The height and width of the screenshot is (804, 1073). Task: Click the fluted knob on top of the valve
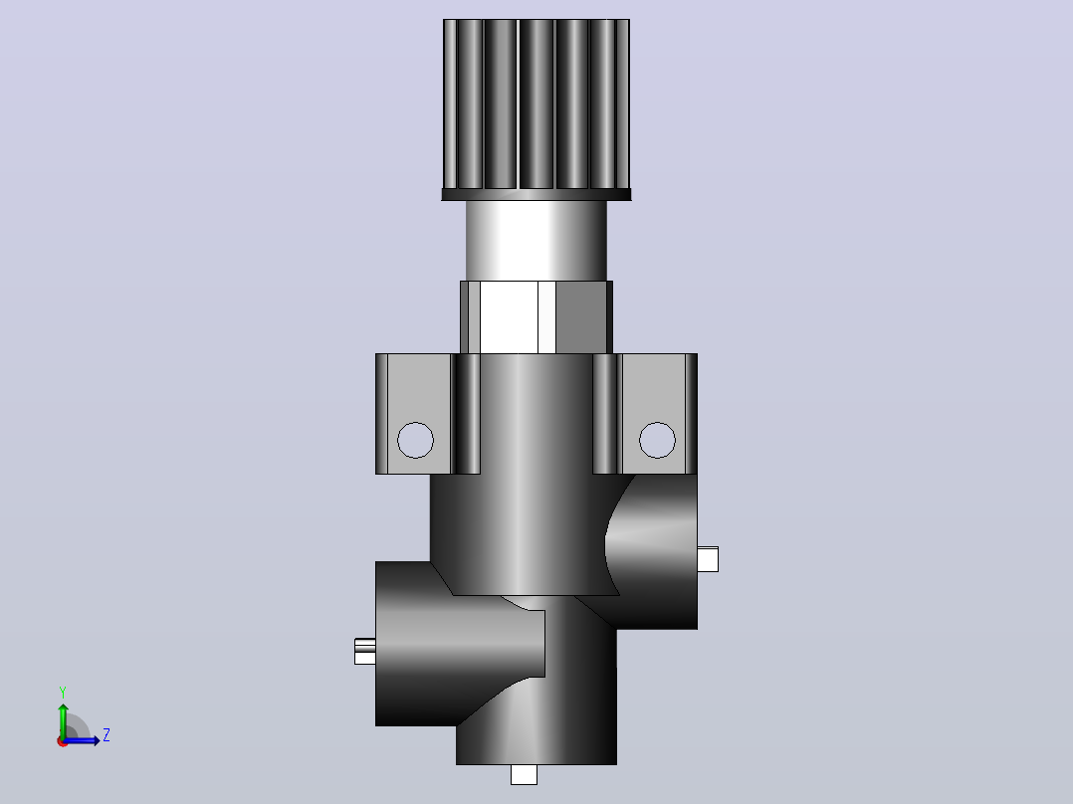(x=536, y=104)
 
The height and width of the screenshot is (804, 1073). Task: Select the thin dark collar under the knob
(x=536, y=195)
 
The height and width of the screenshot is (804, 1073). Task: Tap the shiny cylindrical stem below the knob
(x=536, y=241)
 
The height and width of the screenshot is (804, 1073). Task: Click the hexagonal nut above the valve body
(x=536, y=317)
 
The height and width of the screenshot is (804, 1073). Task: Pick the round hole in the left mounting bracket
(x=415, y=440)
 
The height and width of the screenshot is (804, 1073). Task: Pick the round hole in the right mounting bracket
(x=657, y=440)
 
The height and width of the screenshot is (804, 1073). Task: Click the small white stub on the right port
(x=709, y=559)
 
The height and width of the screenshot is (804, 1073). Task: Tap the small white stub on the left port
(x=364, y=651)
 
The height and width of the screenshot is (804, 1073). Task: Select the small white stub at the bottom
(x=525, y=774)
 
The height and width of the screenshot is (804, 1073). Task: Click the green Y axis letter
(x=63, y=692)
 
